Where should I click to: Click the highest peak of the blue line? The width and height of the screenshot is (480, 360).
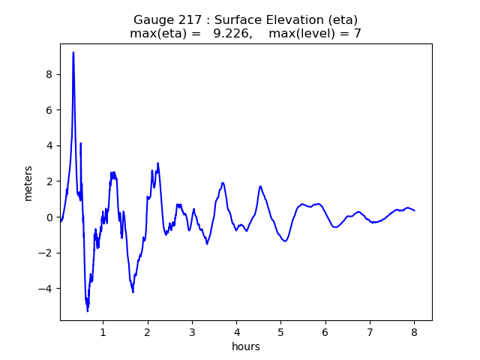point(73,52)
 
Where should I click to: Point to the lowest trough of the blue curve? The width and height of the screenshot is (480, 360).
point(88,310)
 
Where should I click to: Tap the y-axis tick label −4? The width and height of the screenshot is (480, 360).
point(48,289)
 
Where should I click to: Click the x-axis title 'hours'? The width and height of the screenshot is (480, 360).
point(246,346)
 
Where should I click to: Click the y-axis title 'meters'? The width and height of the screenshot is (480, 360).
point(28,183)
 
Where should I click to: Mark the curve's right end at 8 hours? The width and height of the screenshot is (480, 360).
point(414,211)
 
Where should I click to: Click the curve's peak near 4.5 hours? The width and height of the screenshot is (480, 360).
point(260,186)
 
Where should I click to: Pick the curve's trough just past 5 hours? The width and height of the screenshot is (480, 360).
point(285,241)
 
